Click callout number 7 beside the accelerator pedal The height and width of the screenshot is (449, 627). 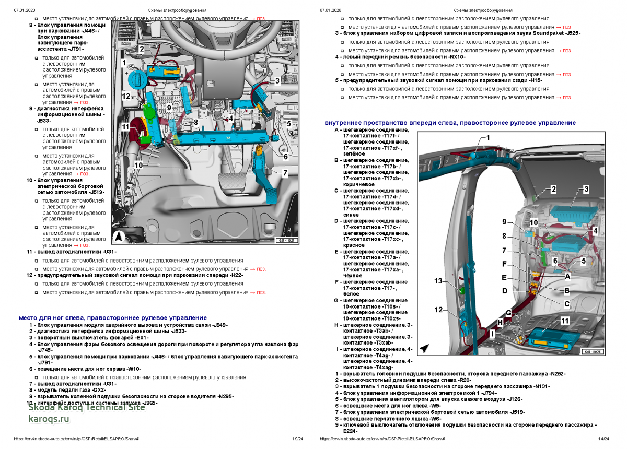pos(285,172)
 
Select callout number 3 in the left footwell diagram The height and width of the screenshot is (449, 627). pos(277,81)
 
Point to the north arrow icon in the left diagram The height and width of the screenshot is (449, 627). pos(119,236)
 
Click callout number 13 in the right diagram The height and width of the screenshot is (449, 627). pos(438,281)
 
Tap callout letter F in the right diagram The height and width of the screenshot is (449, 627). pos(504,264)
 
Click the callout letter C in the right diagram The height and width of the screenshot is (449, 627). pos(566,303)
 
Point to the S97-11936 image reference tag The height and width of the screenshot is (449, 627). pos(593,352)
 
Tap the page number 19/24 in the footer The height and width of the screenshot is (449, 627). pos(297,439)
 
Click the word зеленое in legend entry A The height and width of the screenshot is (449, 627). pos(355,154)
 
